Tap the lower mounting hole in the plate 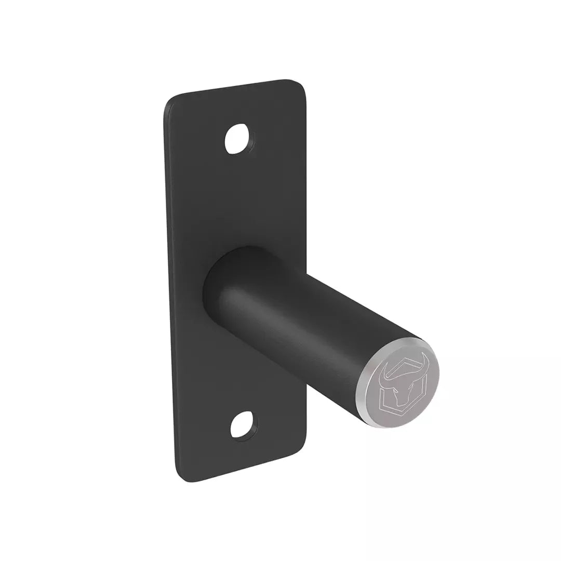(244, 424)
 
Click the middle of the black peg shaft (312, 327)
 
